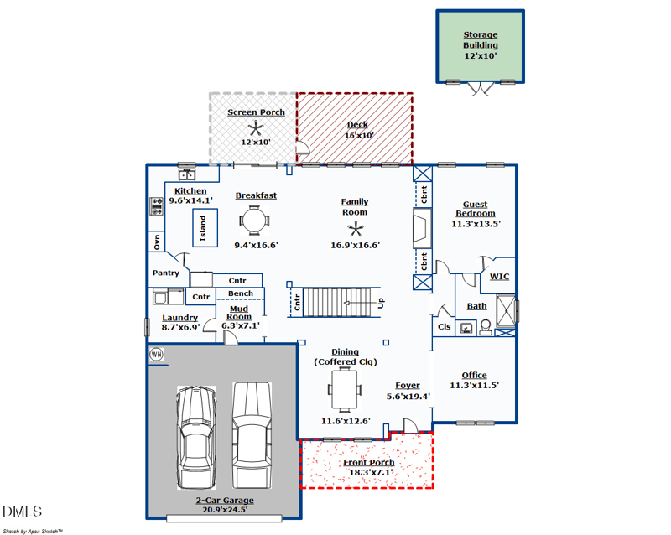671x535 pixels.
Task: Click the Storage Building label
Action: point(481,40)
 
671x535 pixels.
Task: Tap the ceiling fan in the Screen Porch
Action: point(256,127)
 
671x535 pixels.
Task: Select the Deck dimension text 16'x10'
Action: point(359,135)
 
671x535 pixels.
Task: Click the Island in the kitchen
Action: point(200,226)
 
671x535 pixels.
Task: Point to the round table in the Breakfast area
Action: point(255,221)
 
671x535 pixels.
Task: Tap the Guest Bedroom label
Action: point(476,209)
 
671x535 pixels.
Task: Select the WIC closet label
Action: point(500,277)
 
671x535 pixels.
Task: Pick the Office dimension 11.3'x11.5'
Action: point(475,386)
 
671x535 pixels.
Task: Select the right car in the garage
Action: point(252,434)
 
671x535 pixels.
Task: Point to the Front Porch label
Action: point(369,463)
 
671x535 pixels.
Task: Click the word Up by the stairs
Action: point(381,303)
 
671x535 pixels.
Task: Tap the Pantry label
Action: point(166,273)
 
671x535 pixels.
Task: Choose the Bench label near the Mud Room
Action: point(241,293)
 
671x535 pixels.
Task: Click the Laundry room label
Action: point(180,318)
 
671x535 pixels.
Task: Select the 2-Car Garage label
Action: point(225,501)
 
